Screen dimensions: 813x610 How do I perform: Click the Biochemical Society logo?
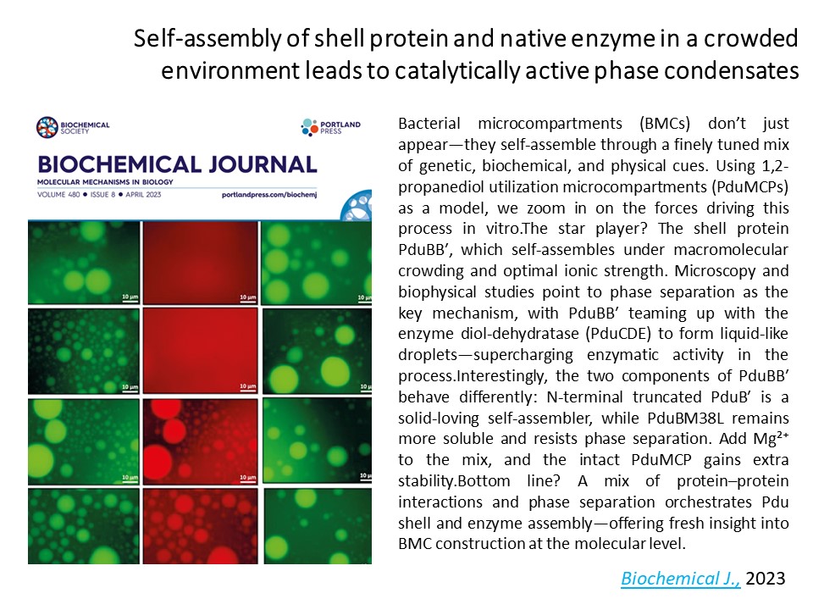tap(73, 127)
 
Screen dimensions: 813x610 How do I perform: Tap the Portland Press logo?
tap(331, 127)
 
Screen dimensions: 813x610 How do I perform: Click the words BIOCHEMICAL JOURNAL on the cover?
tap(177, 164)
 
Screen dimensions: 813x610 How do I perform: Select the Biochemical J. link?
tap(681, 579)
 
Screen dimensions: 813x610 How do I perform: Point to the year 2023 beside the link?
tap(766, 578)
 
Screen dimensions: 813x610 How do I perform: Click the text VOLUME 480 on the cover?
tap(58, 195)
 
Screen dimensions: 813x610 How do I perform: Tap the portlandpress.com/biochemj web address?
tap(269, 195)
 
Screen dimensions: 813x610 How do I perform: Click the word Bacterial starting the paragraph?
tap(429, 124)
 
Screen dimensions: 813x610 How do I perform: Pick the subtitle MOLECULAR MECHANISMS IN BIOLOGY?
tap(105, 182)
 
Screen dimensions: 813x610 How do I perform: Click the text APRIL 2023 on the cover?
tap(143, 195)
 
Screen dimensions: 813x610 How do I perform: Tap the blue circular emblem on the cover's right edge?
tap(357, 205)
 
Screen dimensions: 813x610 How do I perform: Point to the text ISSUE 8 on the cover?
tap(102, 195)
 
